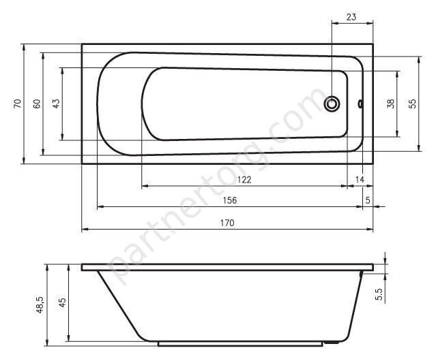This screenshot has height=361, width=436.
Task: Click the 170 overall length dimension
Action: [227, 223]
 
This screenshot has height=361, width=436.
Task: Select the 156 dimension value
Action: [230, 200]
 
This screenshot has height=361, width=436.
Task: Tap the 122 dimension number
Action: [244, 180]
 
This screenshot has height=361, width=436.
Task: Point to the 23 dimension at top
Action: [351, 17]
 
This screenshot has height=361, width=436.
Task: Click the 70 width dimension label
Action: [17, 104]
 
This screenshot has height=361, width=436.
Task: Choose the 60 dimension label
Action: [37, 104]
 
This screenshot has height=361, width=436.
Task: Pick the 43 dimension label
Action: [56, 104]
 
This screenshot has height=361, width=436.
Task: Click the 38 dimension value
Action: [391, 104]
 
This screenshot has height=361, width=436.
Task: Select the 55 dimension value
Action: [413, 104]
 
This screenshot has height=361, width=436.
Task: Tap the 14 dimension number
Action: [360, 180]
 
